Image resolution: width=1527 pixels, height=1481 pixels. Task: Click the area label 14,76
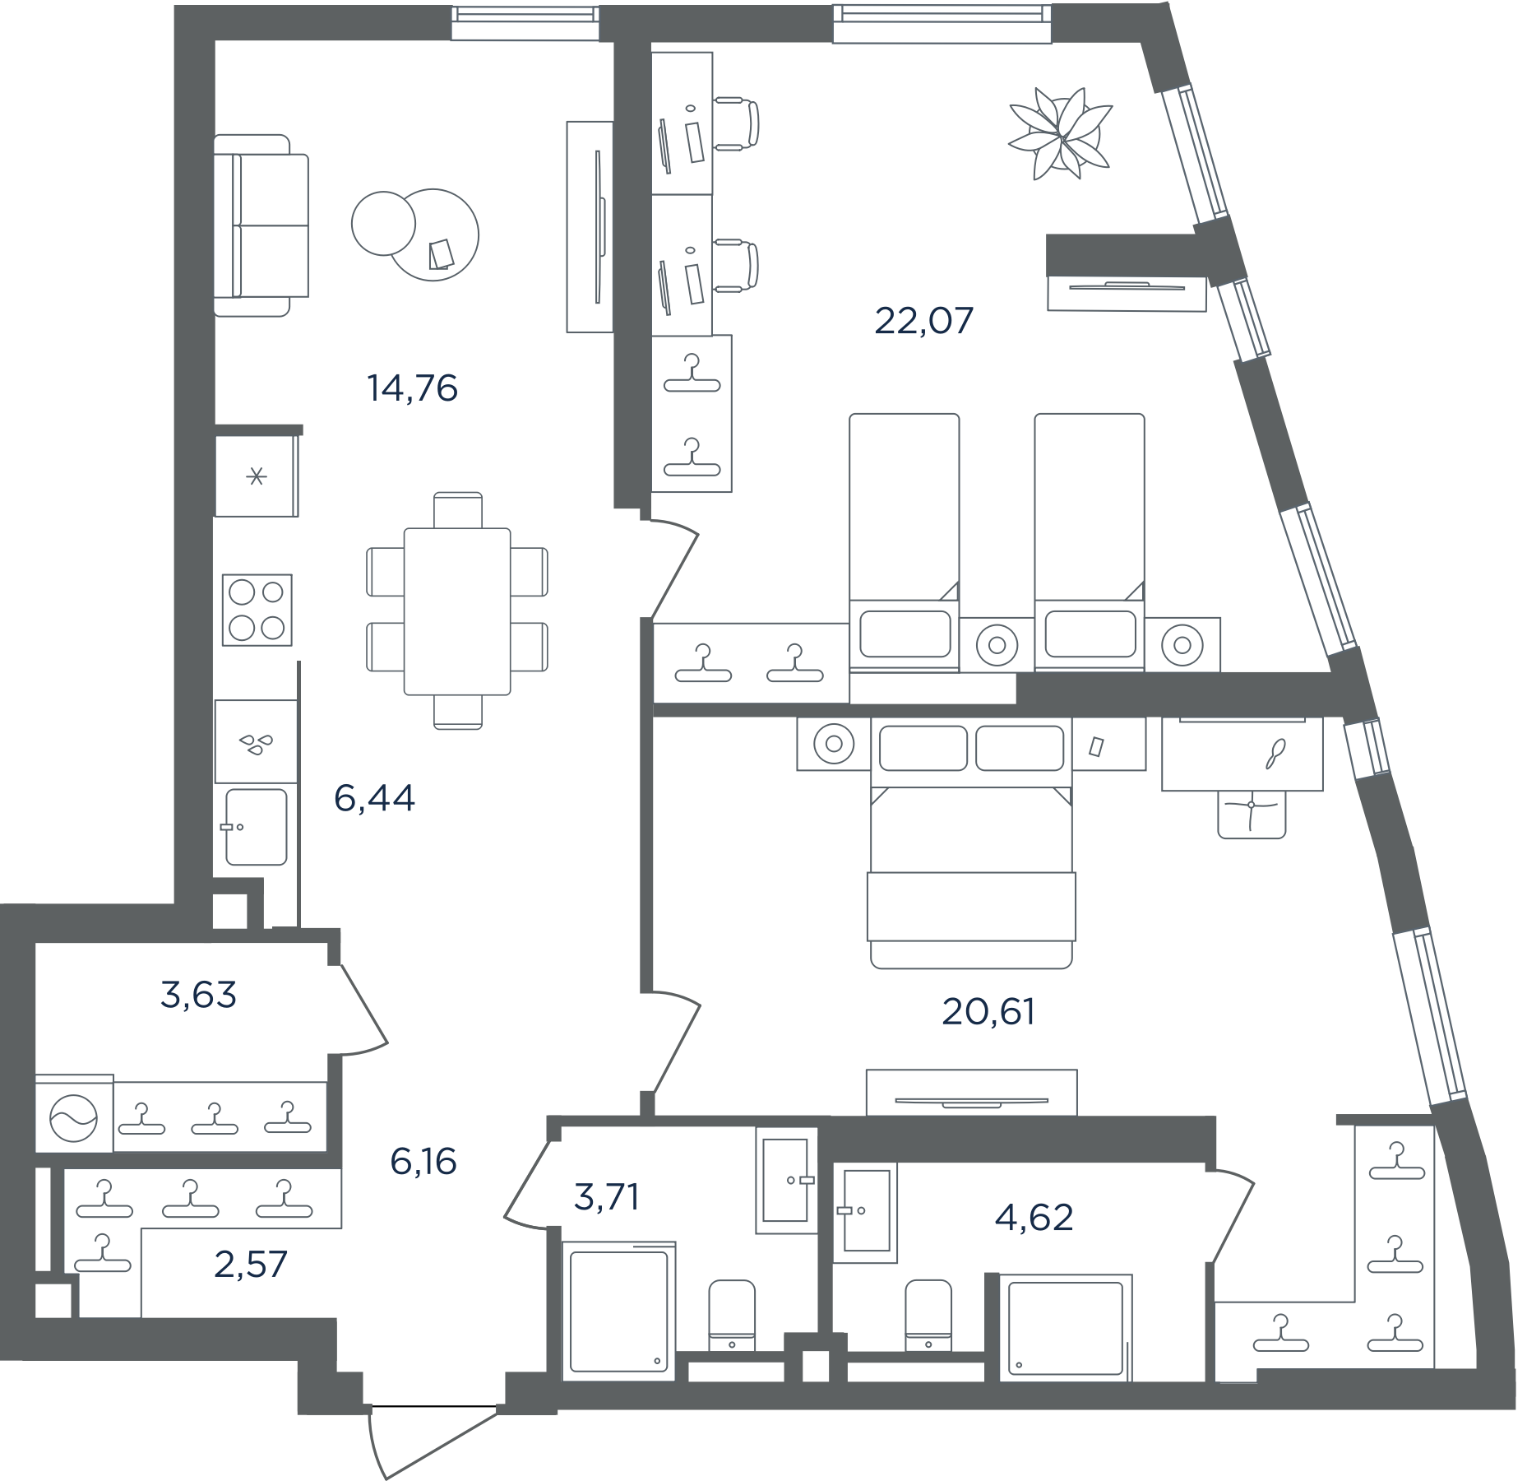[x=412, y=388]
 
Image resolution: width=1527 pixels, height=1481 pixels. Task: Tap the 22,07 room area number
[x=923, y=321]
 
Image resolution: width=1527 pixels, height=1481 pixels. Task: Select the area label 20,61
[x=988, y=1012]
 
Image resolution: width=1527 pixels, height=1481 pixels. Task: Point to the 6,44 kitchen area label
[x=374, y=798]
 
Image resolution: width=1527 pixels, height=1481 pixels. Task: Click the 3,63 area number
[x=198, y=995]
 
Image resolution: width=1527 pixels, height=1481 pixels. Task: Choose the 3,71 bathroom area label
[x=606, y=1197]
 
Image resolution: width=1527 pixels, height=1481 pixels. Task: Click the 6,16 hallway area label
[x=423, y=1162]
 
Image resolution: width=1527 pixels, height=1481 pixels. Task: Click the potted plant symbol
[x=1061, y=133]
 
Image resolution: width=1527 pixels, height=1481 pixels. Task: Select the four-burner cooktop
[x=257, y=610]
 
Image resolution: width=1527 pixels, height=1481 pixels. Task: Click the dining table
[x=457, y=611]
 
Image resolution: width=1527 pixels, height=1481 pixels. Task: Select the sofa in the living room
[x=261, y=225]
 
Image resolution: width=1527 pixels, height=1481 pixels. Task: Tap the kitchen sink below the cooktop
[x=256, y=827]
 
